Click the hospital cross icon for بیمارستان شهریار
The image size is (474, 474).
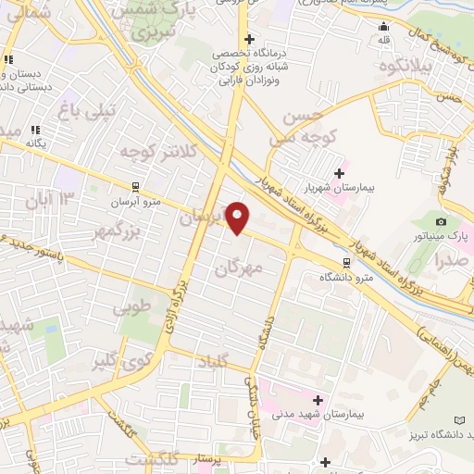[x=339, y=172]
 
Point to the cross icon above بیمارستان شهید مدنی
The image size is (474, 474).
[x=318, y=400]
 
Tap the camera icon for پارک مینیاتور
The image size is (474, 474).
[x=441, y=221]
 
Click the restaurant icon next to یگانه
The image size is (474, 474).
[x=35, y=131]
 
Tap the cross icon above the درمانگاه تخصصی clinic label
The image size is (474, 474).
[x=248, y=39]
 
